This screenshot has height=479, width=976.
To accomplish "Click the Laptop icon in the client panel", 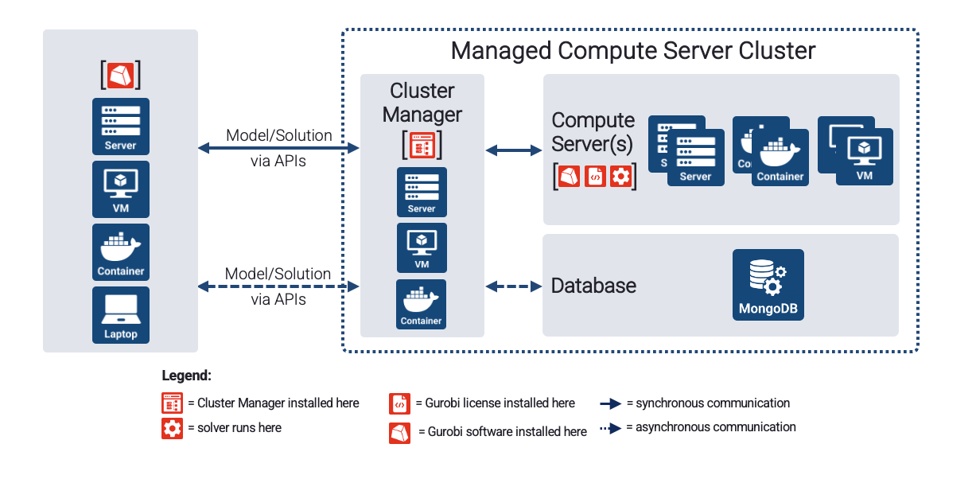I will (120, 314).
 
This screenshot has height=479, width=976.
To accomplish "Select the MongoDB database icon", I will (768, 285).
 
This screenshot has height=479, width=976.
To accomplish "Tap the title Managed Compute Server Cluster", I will (632, 51).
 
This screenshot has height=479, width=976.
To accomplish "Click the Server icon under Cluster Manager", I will (422, 192).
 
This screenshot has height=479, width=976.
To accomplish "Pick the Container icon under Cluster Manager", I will (422, 304).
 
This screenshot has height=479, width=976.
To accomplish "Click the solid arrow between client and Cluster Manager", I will (278, 148).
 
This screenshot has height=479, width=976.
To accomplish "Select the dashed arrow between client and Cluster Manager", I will (278, 286).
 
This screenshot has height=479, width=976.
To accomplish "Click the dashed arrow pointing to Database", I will (514, 286).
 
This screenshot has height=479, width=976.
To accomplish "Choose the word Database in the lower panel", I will (593, 286).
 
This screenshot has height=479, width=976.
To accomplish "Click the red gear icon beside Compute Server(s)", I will (620, 177).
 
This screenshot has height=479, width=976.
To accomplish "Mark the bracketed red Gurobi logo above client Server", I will (120, 75).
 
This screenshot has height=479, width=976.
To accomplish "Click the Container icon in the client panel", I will (120, 252).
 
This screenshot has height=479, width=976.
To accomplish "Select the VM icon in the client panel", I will (120, 189).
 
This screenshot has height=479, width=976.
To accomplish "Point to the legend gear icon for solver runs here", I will (172, 428).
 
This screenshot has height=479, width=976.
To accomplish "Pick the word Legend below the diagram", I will (187, 376).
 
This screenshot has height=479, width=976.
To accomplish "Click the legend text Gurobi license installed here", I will (500, 403).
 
